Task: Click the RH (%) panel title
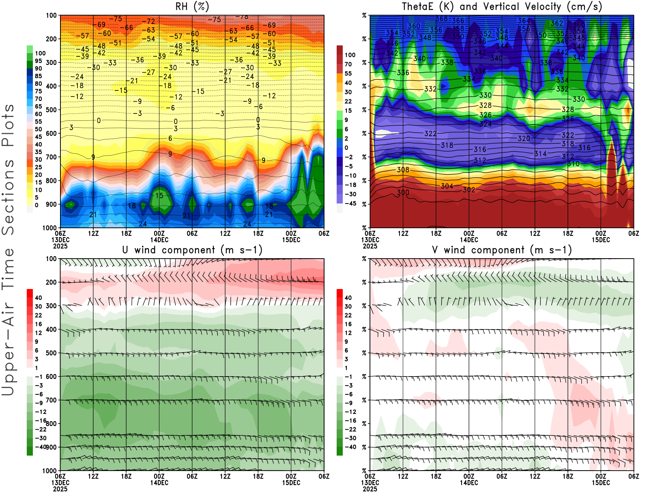[192, 6]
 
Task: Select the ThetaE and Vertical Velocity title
[502, 6]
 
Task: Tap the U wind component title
[192, 250]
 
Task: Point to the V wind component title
[502, 250]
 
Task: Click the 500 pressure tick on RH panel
[51, 110]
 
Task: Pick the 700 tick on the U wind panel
[51, 400]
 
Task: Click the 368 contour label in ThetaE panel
[442, 19]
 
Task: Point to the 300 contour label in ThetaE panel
[403, 192]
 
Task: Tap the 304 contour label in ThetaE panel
[447, 186]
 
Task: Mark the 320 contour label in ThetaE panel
[524, 139]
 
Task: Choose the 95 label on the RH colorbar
[39, 61]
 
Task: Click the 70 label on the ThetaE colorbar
[348, 64]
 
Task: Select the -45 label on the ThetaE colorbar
[350, 203]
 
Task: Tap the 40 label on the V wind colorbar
[348, 298]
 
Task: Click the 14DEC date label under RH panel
[159, 240]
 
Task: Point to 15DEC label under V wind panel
[600, 483]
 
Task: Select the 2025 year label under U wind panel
[60, 489]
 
